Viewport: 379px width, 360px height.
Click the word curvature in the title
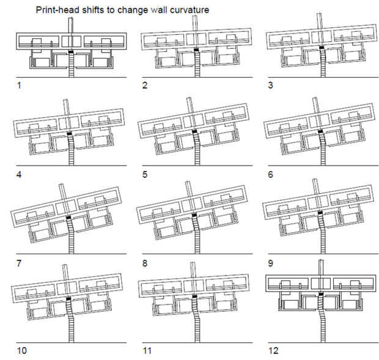189,10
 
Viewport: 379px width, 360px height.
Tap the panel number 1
19,86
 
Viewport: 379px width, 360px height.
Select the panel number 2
145,86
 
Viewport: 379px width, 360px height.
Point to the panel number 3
271,86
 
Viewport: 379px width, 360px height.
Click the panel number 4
19,174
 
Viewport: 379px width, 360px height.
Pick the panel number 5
145,174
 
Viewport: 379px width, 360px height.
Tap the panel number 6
271,174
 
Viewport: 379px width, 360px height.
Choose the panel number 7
19,263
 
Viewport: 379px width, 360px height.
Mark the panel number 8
145,263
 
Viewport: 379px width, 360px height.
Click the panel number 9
271,263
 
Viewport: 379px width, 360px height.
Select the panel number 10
22,351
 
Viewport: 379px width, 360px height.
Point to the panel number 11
147,351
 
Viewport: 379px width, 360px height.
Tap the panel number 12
273,351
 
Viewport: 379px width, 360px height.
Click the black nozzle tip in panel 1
71,52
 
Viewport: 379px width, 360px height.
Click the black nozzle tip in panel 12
321,294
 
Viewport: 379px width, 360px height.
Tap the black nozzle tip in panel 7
68,218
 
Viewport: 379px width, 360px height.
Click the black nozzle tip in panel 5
194,131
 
